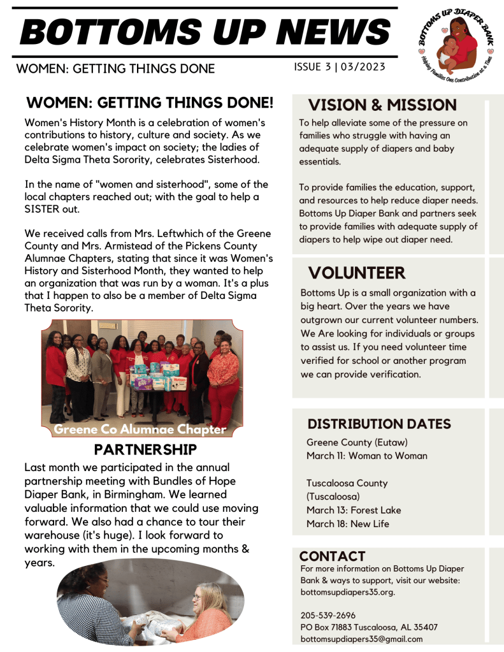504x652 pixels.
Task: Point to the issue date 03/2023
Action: coord(363,67)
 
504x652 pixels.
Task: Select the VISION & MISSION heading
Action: coord(382,105)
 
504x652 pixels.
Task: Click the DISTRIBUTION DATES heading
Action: coord(379,424)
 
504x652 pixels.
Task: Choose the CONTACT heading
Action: coord(332,556)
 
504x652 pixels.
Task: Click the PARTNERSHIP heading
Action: coord(145,449)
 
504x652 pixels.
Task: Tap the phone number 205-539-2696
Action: coord(328,615)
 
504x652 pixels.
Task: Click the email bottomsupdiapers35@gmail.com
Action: coord(361,639)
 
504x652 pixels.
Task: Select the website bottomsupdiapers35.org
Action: coord(347,592)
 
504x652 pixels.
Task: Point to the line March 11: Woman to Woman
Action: coord(367,456)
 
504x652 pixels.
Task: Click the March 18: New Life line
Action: coord(348,524)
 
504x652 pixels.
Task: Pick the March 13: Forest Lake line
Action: coord(354,510)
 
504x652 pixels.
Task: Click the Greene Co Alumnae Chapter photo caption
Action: coord(140,430)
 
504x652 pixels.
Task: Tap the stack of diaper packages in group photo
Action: coord(153,377)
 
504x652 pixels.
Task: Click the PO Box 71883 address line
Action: coord(369,627)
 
